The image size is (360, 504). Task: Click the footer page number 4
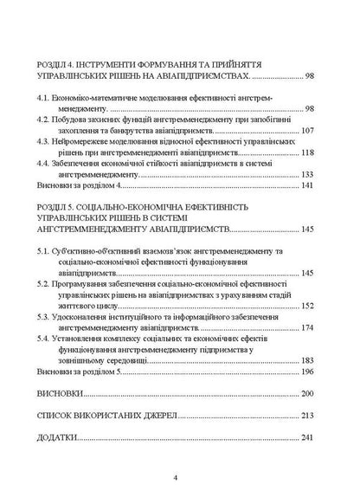point(176,477)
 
